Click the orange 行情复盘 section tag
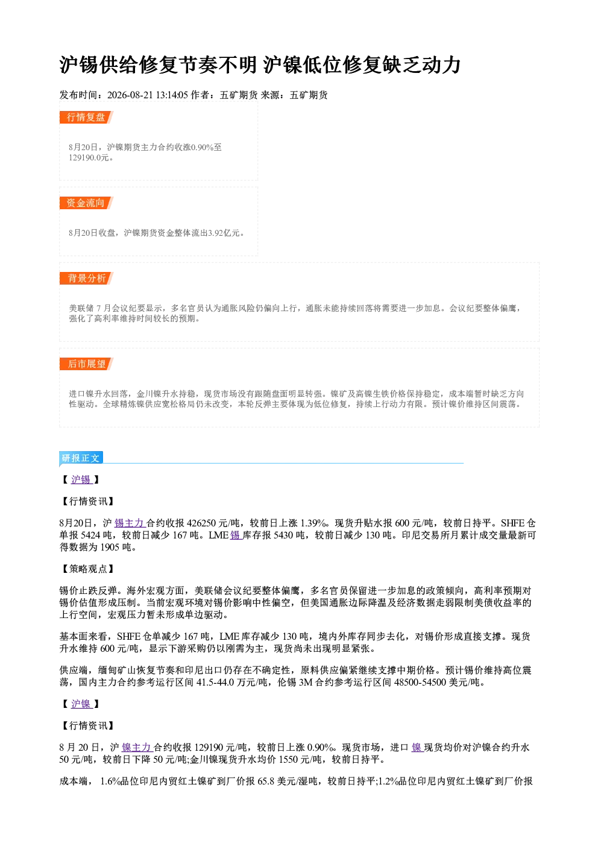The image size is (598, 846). [x=86, y=117]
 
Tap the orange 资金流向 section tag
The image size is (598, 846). [x=86, y=203]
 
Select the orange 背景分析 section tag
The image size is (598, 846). [x=86, y=279]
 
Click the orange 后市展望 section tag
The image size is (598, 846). [x=86, y=364]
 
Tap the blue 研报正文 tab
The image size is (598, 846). [x=81, y=458]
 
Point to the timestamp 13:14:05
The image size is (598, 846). [x=172, y=95]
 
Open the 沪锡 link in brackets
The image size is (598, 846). [x=81, y=479]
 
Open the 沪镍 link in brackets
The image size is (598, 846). [x=81, y=704]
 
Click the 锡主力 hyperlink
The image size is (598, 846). [x=129, y=523]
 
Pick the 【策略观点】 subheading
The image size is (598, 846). [x=87, y=569]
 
